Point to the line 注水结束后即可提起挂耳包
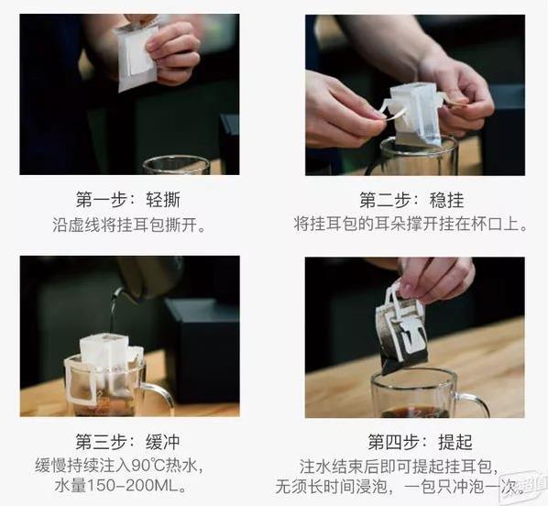404,464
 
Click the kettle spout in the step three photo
118,293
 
